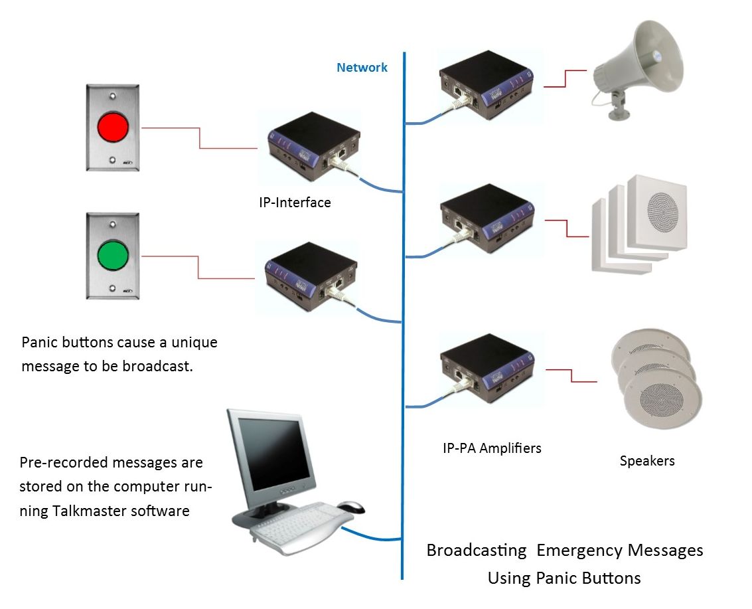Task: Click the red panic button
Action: tap(112, 126)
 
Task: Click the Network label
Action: tap(362, 67)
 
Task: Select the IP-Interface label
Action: tap(295, 203)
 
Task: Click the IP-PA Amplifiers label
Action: tap(492, 448)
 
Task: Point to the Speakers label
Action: tap(647, 460)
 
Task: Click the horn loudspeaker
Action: tap(637, 63)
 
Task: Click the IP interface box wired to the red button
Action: tap(312, 145)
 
